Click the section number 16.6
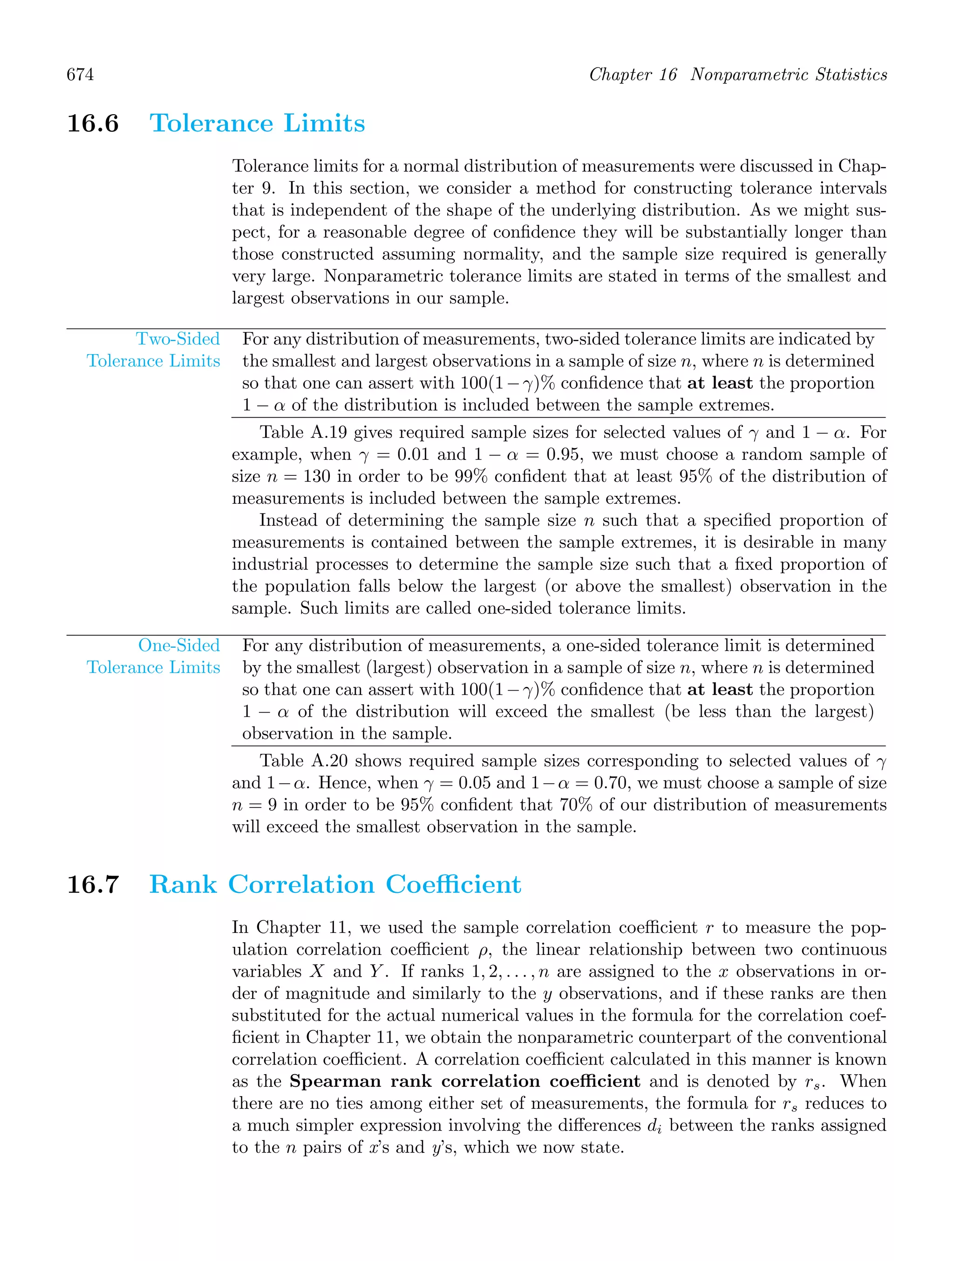tap(93, 123)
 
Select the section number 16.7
tap(93, 884)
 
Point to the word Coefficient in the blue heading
tap(453, 884)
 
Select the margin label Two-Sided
tap(178, 339)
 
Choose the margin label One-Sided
tap(179, 645)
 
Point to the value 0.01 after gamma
tap(413, 454)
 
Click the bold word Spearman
tap(335, 1082)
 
